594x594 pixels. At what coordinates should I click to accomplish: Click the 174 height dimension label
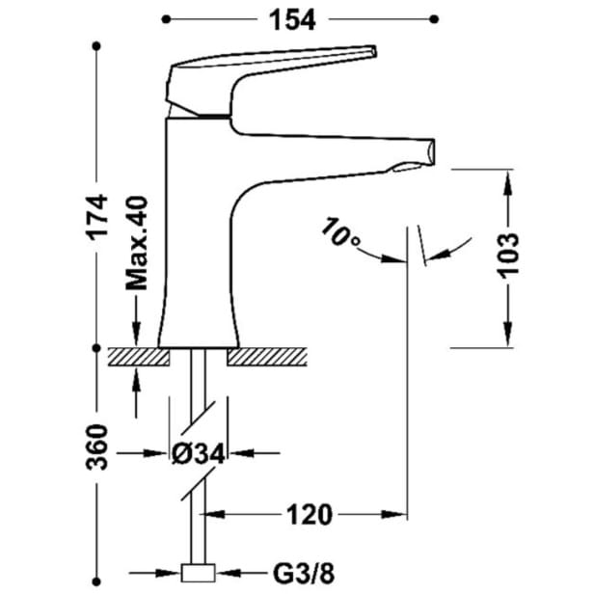[98, 227]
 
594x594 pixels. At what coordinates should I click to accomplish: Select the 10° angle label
[339, 231]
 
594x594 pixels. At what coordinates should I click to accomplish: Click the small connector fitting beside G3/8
[201, 574]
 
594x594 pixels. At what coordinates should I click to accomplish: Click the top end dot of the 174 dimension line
[98, 46]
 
